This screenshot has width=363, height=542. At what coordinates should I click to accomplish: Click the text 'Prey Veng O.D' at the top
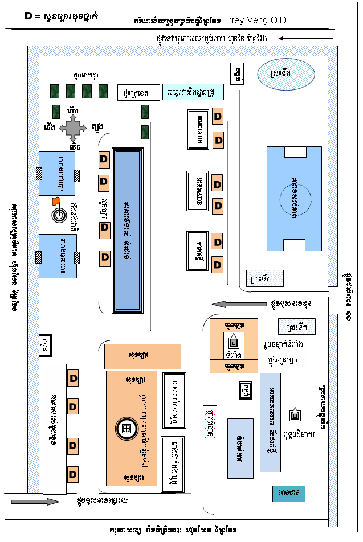256,20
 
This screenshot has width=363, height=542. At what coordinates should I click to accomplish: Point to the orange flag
55,200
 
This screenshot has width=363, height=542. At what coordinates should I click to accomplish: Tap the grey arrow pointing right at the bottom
35,501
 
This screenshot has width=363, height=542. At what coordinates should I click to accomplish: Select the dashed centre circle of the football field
295,199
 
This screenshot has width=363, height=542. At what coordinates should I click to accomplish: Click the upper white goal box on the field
295,153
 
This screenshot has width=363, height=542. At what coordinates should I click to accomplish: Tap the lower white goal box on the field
295,245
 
